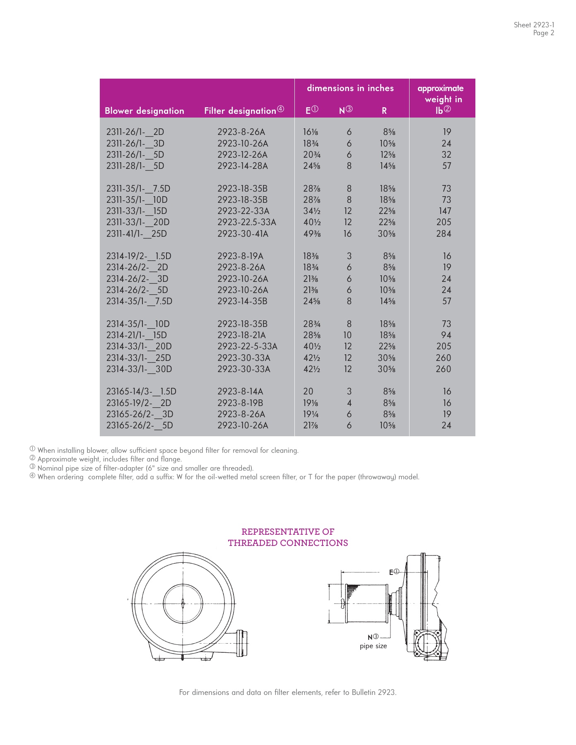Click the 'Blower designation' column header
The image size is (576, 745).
pyautogui.click(x=144, y=111)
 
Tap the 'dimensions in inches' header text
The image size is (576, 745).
pyautogui.click(x=350, y=88)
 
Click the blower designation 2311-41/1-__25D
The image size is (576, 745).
pyautogui.click(x=136, y=234)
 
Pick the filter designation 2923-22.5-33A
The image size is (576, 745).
pyautogui.click(x=246, y=222)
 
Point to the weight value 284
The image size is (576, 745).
pyautogui.click(x=443, y=234)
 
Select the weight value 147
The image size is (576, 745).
pyautogui.click(x=445, y=211)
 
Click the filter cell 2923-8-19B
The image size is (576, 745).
pyautogui.click(x=240, y=403)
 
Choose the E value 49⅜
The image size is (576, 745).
pyautogui.click(x=312, y=234)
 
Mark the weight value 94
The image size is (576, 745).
pyautogui.click(x=446, y=335)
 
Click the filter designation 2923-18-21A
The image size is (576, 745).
pyautogui.click(x=241, y=335)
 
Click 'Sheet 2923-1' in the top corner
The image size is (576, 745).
pyautogui.click(x=534, y=25)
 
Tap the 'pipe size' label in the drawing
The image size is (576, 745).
pyautogui.click(x=373, y=646)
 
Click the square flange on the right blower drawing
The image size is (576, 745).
pyautogui.click(x=427, y=645)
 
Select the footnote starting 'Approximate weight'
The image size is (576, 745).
pyautogui.click(x=109, y=459)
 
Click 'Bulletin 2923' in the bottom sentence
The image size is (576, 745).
pyautogui.click(x=374, y=692)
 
